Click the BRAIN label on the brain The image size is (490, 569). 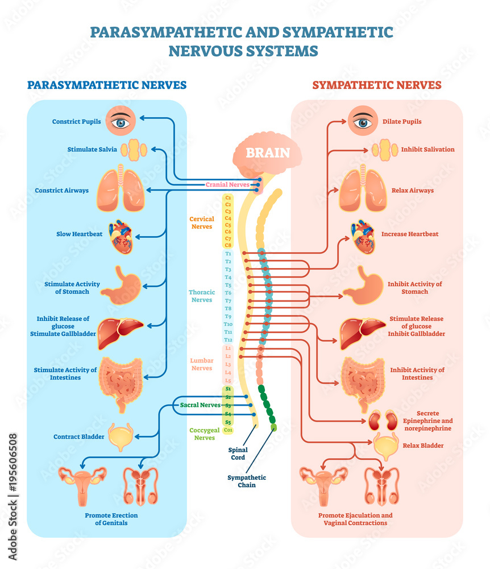267,152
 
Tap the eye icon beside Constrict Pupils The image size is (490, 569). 120,122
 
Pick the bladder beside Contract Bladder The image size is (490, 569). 121,436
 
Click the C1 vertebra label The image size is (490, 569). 228,197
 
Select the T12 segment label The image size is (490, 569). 228,339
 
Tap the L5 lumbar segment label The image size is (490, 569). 228,380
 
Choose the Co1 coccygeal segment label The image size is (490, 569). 228,430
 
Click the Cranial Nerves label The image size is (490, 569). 227,184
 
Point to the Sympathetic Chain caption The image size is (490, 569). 247,481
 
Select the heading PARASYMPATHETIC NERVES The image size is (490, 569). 107,85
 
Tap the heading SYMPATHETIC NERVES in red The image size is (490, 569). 377,85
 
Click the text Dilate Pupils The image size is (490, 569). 402,122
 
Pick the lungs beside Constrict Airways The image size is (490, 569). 121,190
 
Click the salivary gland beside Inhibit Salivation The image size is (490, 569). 384,150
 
